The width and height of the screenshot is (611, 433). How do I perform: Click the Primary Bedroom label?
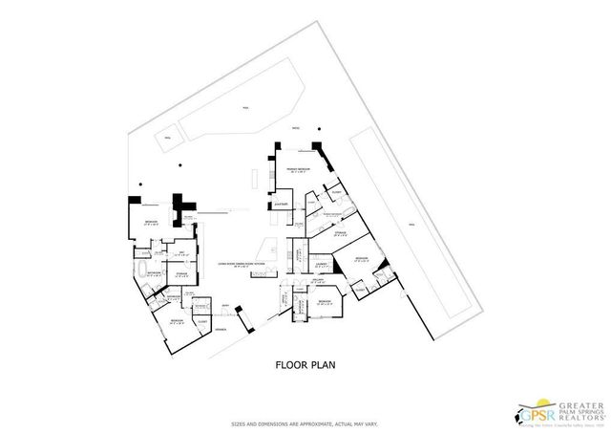pos(299,168)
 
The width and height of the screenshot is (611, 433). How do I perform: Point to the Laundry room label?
pos(322,264)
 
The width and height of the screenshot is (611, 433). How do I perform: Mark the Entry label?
pos(226,306)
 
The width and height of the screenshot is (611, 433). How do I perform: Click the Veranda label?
pos(220,328)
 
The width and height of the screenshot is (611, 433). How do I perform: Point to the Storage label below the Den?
pos(181,273)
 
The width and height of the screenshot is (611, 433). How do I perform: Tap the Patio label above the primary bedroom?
pos(296,127)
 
